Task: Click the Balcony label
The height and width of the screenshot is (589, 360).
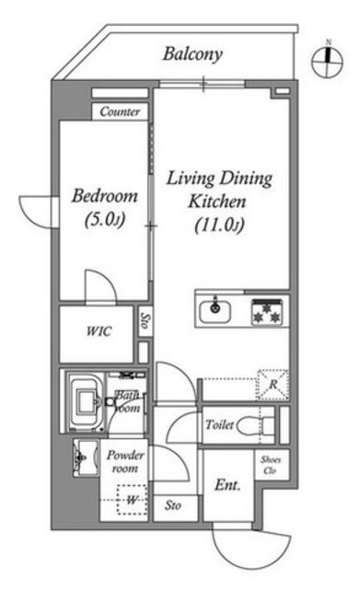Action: pos(192,54)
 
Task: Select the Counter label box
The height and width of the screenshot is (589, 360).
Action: pos(120,111)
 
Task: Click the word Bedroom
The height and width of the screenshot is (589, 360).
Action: pos(104,196)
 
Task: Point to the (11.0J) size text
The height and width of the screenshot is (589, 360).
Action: pos(219,225)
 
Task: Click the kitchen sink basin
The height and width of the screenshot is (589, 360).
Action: pos(215,311)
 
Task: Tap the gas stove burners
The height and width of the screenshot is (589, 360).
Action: pos(267,312)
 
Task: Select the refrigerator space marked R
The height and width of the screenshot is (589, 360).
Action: pos(273,385)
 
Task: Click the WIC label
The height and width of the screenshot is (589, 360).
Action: pos(99,331)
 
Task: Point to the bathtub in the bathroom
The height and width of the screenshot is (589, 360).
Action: pos(87,402)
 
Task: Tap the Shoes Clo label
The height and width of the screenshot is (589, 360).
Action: pos(271,465)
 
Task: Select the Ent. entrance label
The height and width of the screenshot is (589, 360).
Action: pos(227,485)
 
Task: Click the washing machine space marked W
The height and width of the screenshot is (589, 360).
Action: pos(132,500)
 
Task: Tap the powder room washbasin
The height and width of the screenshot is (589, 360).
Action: pos(86,457)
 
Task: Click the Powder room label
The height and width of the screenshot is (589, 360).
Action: pos(125,462)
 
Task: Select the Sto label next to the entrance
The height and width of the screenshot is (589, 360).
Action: pos(173,505)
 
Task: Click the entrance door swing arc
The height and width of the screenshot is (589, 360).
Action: pos(251,551)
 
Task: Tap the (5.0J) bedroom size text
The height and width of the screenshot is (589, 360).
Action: pos(104,220)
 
